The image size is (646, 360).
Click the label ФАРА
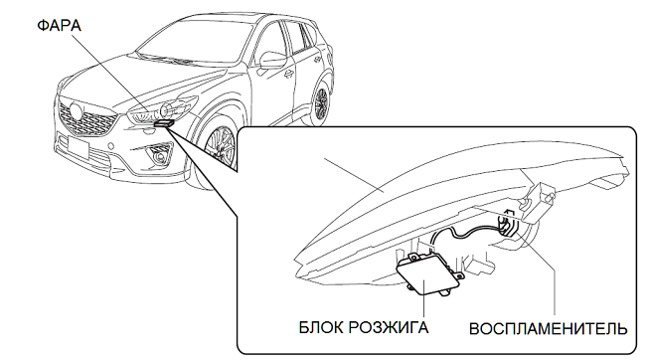tap(60, 26)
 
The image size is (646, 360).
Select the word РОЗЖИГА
tap(389, 328)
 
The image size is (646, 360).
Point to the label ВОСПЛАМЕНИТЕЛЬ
tap(549, 329)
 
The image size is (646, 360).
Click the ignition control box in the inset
tap(428, 274)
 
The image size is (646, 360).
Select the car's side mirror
tap(272, 61)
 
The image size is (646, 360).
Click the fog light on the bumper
tap(158, 157)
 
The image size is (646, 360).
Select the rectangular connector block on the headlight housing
tap(539, 203)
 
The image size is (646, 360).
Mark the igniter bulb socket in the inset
tap(508, 226)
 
